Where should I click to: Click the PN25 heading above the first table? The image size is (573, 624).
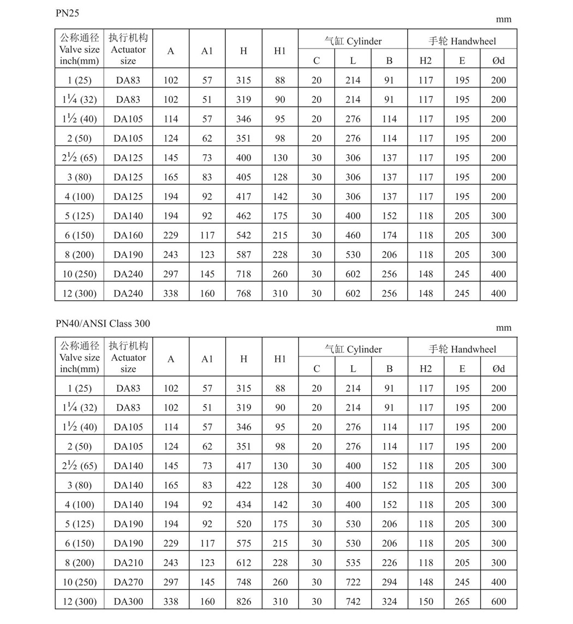(67, 13)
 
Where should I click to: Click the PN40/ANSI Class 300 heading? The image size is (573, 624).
(103, 323)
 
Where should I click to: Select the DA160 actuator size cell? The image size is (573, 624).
(128, 235)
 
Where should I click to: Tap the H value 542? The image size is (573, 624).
(243, 235)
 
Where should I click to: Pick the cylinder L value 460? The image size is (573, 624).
(353, 235)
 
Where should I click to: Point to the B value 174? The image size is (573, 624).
(389, 235)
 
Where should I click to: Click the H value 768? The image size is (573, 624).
(243, 293)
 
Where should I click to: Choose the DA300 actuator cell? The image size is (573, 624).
(128, 602)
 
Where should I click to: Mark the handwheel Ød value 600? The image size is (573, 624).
(498, 602)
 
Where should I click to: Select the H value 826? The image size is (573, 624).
(243, 602)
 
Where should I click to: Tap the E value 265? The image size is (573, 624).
(462, 602)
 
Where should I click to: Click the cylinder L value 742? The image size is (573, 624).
(353, 602)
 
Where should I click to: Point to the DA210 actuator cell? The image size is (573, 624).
(128, 563)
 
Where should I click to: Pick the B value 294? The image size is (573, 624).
(389, 582)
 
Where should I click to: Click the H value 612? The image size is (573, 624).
(243, 563)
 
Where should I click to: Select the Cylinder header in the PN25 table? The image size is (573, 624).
(353, 41)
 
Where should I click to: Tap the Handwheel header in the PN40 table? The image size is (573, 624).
(462, 349)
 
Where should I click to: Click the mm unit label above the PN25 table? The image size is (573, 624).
(503, 20)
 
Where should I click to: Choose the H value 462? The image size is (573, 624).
(243, 216)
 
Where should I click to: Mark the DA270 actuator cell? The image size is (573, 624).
(128, 582)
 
